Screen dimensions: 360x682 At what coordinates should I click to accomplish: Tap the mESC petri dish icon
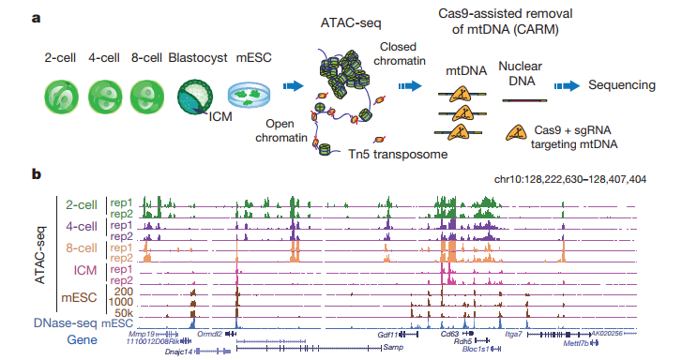point(249,97)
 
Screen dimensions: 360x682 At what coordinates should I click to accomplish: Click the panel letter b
point(36,173)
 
